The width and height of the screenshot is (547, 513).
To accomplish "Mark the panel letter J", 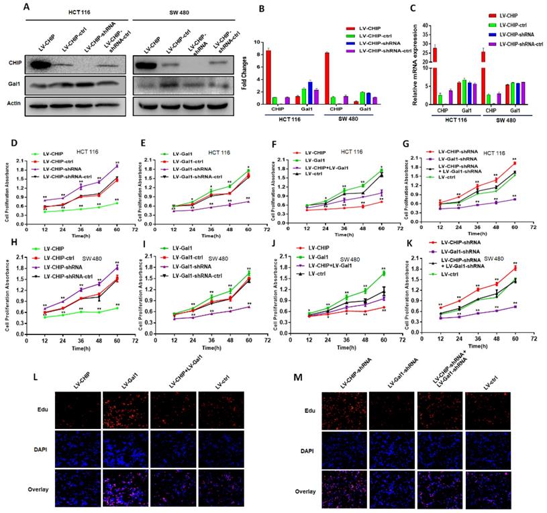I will point(273,236).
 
